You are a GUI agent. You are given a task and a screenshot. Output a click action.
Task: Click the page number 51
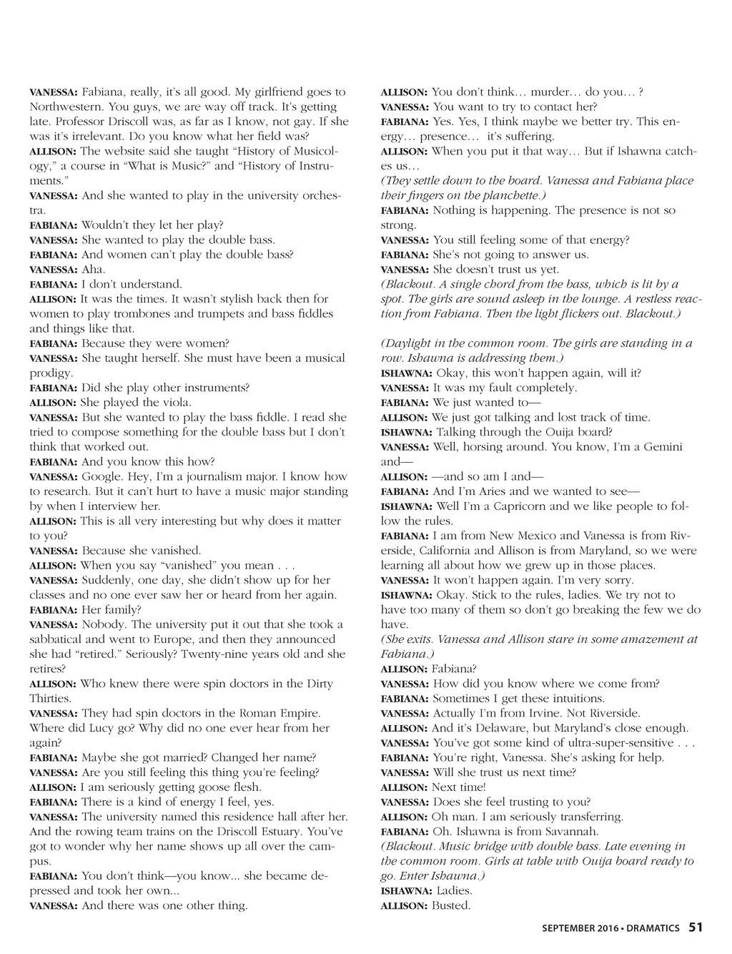pyautogui.click(x=696, y=928)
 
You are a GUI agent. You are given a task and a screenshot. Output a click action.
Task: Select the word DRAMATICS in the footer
pyautogui.click(x=654, y=928)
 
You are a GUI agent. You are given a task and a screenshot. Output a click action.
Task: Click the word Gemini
pyautogui.click(x=659, y=447)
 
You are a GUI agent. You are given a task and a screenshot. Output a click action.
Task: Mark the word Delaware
pyautogui.click(x=505, y=728)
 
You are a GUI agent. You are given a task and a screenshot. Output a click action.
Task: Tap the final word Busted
pyautogui.click(x=451, y=906)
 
